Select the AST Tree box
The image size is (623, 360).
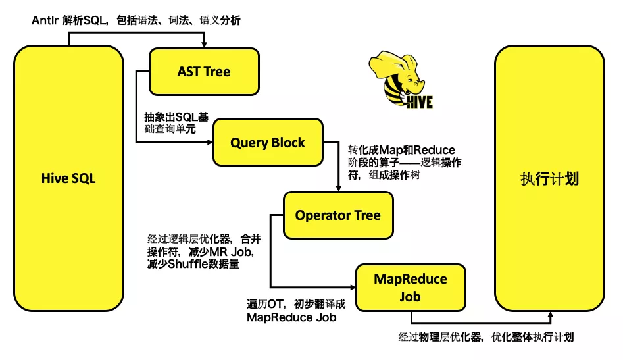(204, 72)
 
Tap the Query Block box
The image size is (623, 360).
(268, 142)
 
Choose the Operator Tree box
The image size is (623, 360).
(337, 215)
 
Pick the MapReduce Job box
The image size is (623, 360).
(411, 288)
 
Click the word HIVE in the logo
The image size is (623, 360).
(419, 103)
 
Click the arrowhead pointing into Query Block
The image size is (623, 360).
(209, 142)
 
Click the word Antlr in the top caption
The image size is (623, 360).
(45, 20)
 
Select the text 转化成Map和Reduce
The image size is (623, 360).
(401, 150)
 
